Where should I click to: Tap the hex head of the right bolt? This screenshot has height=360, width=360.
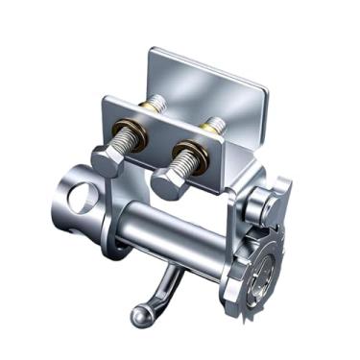coord(169,182)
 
